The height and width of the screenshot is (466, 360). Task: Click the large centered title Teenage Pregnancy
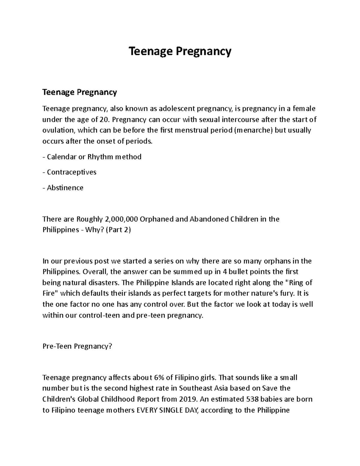click(180, 51)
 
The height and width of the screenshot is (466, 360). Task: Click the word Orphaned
click(157, 219)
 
